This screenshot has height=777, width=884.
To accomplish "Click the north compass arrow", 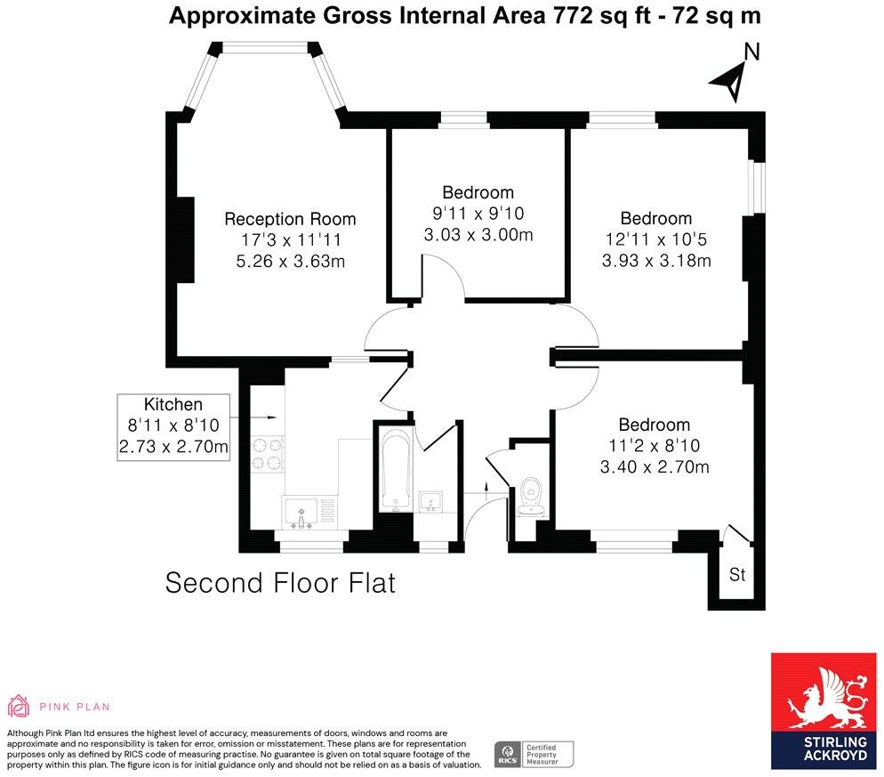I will (x=730, y=82).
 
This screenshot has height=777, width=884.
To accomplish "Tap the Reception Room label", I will (x=290, y=219).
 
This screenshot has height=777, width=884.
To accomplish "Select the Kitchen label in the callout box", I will (x=173, y=404).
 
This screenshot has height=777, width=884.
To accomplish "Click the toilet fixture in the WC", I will (x=532, y=493).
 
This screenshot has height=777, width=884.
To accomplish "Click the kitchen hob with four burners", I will (x=268, y=452).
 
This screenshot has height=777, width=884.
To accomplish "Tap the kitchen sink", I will (x=301, y=512).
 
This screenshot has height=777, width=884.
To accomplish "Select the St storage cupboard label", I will (x=736, y=575).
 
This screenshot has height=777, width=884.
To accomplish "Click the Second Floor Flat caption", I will (x=280, y=583).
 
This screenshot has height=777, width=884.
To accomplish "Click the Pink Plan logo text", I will (x=75, y=707).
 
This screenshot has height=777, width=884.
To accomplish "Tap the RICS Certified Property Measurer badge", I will (x=534, y=753).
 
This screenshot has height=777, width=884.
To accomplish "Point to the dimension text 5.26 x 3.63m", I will (x=290, y=262).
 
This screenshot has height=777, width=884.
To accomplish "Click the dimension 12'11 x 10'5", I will (x=656, y=239).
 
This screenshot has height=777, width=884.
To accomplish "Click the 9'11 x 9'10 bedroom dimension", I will (x=478, y=214).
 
